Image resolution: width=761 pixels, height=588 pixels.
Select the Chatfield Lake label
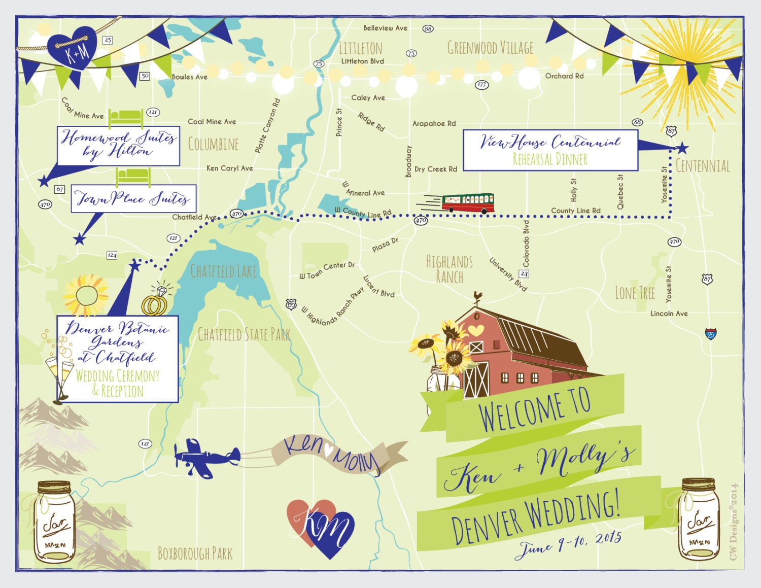click(x=223, y=271)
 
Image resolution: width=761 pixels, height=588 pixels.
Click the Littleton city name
click(x=360, y=49)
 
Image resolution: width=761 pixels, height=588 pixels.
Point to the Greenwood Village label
click(x=490, y=48)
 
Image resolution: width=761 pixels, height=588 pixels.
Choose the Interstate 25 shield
click(x=711, y=334)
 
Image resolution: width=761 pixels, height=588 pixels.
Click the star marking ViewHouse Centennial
click(x=682, y=148)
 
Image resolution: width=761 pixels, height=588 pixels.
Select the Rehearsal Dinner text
click(x=550, y=159)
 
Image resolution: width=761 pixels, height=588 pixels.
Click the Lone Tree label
click(x=635, y=293)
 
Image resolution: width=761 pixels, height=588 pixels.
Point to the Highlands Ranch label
click(x=449, y=269)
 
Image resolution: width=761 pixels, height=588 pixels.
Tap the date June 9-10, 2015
click(x=569, y=543)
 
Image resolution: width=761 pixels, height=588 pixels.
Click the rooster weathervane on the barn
click(x=477, y=297)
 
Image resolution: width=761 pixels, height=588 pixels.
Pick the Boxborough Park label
click(x=195, y=554)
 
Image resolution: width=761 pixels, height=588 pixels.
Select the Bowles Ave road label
click(x=189, y=77)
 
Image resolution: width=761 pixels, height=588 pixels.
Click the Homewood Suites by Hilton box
click(x=118, y=146)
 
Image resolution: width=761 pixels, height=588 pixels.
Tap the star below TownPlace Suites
click(x=80, y=238)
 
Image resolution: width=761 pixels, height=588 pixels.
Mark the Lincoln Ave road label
click(x=669, y=314)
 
